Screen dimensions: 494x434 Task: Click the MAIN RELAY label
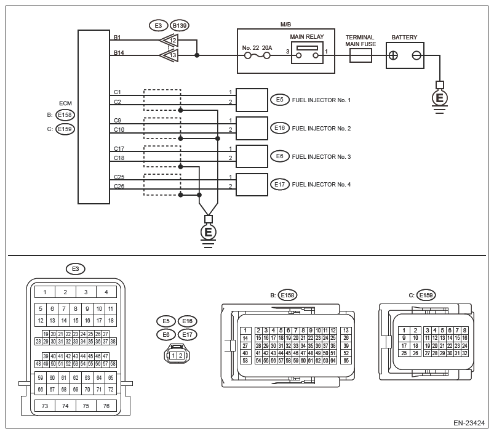(x=307, y=36)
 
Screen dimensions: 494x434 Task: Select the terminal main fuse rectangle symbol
(x=361, y=55)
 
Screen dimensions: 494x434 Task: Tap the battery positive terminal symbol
(x=393, y=55)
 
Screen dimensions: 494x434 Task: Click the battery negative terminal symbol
(x=416, y=55)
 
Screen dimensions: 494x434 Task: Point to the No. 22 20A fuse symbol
(x=257, y=56)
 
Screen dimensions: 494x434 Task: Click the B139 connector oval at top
(x=180, y=25)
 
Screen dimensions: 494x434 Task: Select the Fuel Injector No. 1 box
(x=252, y=100)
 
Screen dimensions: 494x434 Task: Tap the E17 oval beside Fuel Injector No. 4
(x=279, y=185)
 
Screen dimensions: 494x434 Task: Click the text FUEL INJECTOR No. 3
(x=321, y=156)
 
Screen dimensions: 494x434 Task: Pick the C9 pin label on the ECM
(x=118, y=121)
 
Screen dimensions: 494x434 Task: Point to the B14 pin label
(x=119, y=53)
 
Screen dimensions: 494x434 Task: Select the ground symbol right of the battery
(x=439, y=98)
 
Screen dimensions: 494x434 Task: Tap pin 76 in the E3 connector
(x=106, y=406)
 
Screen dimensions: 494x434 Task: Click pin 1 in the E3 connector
(x=45, y=292)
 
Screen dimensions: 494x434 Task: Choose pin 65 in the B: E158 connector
(x=346, y=361)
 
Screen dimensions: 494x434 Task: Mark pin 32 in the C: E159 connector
(x=464, y=353)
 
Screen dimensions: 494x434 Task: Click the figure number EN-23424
(x=469, y=423)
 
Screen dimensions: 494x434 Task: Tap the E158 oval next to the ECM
(x=65, y=115)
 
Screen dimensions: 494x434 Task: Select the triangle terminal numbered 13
(x=169, y=55)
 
